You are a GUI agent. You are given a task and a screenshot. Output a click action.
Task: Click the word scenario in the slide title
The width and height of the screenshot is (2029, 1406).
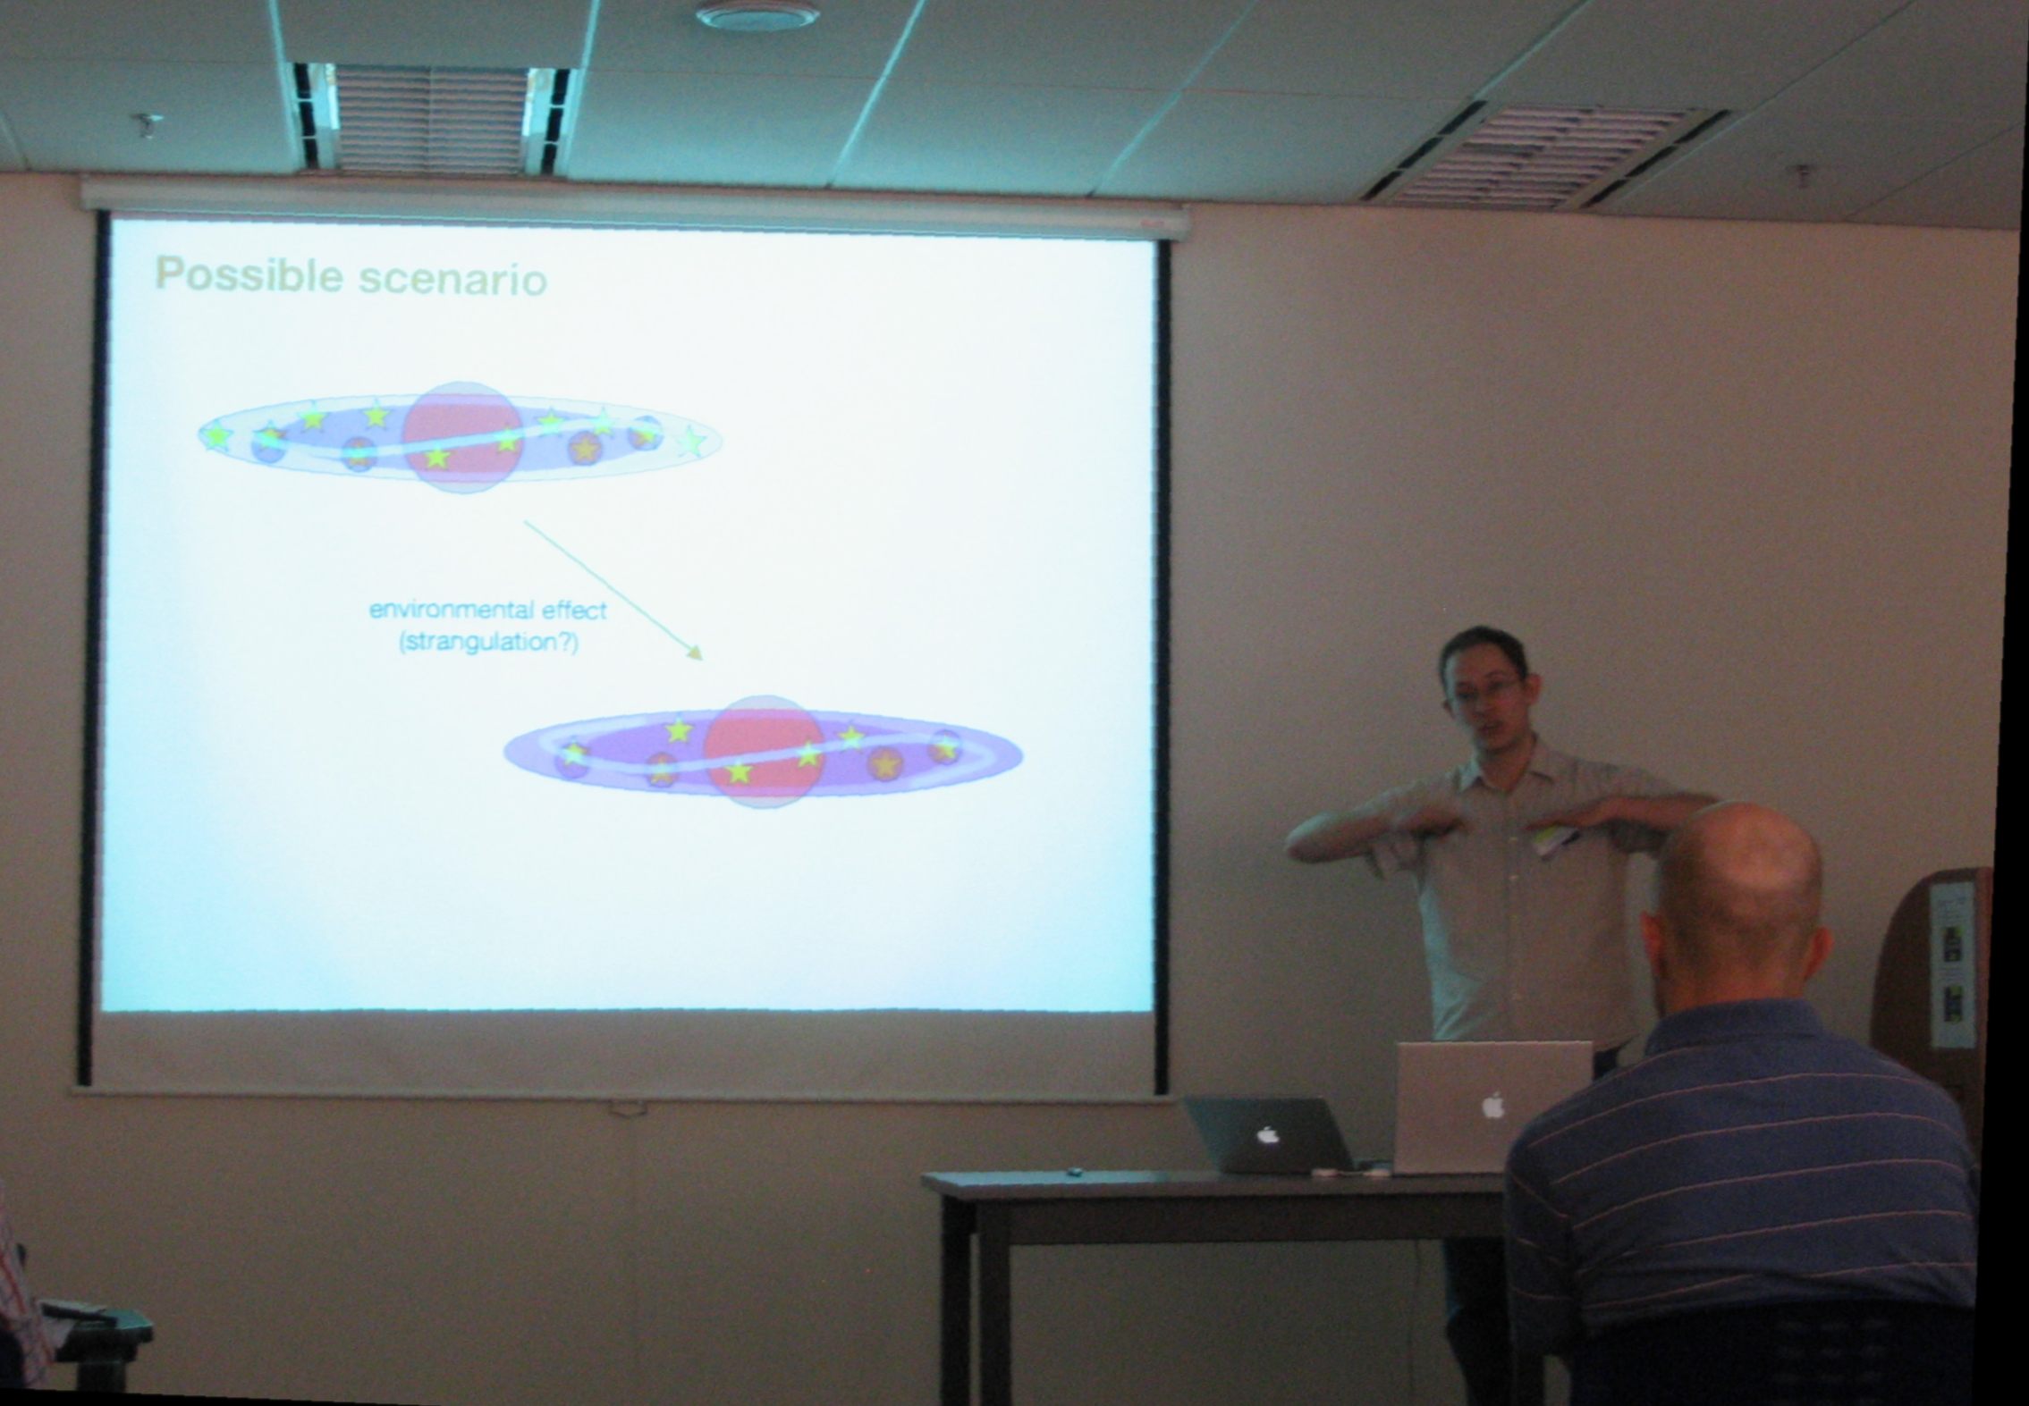click(x=452, y=279)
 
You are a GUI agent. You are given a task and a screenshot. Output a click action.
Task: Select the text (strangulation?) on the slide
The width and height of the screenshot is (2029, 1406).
click(x=488, y=643)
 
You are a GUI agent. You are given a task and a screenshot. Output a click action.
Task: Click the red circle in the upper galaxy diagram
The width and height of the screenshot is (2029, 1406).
click(x=461, y=436)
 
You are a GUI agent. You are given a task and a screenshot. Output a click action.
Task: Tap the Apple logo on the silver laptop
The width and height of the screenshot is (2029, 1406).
click(x=1492, y=1107)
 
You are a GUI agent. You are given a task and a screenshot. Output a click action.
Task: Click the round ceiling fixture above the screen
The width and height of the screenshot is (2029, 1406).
click(x=757, y=15)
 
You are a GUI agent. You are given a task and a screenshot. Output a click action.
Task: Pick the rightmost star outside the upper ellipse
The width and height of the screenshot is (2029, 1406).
click(x=691, y=442)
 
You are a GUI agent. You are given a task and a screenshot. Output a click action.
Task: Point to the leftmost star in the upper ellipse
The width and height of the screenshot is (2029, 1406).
click(x=215, y=437)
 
